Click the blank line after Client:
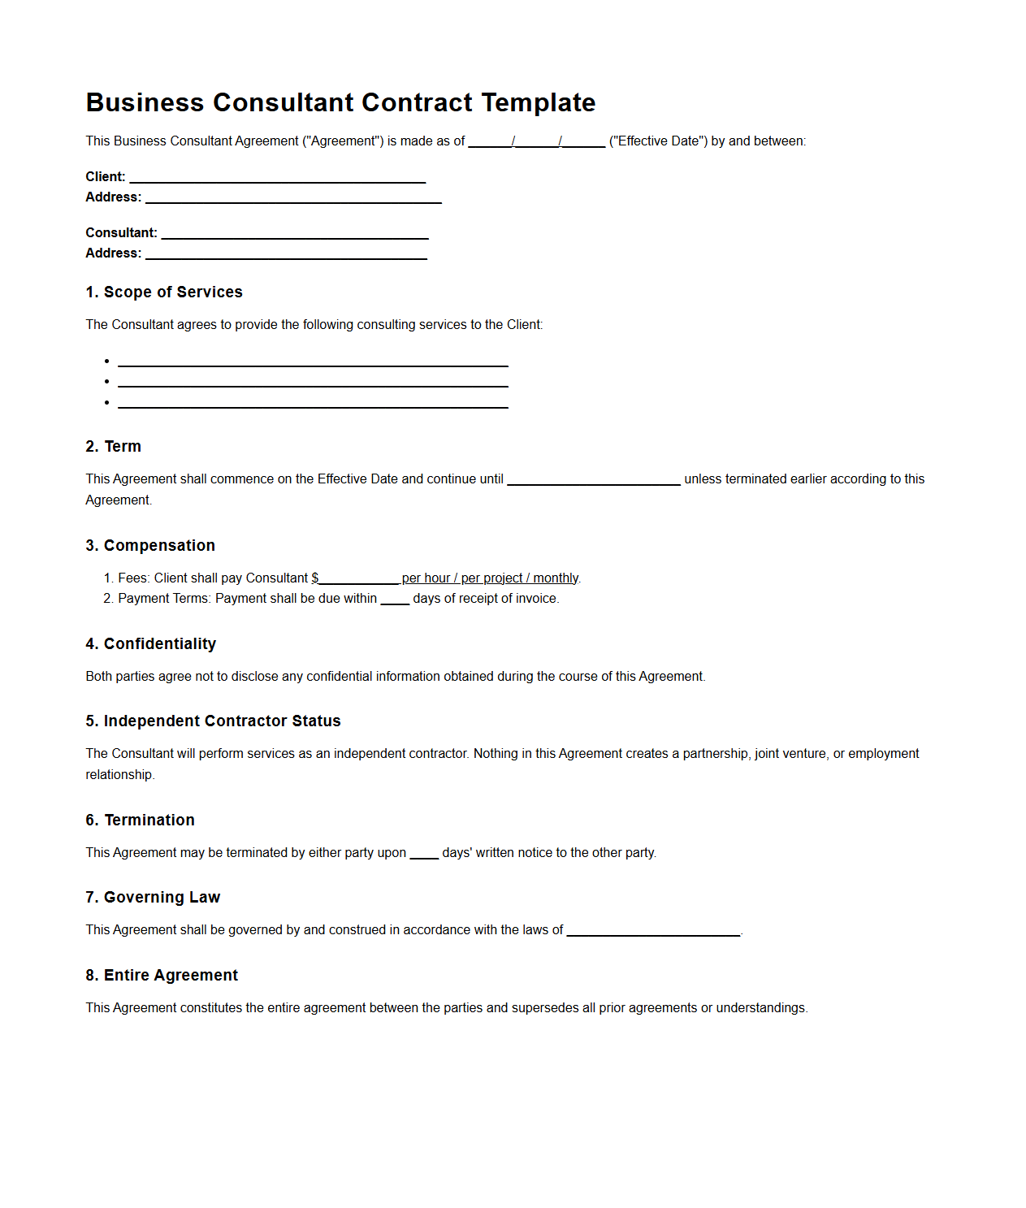tap(278, 178)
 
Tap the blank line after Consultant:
tap(295, 234)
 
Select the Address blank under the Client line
tap(293, 198)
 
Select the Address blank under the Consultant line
tap(286, 254)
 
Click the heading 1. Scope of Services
tap(164, 292)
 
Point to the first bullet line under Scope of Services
tap(313, 362)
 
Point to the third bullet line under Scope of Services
tap(313, 404)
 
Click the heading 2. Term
tap(114, 447)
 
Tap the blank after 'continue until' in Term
tap(594, 480)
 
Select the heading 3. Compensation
tap(150, 546)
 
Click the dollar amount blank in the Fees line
tap(359, 579)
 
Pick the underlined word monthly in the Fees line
tap(556, 578)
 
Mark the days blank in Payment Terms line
tap(395, 600)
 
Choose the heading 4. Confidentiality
tap(151, 644)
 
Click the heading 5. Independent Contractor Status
tap(213, 721)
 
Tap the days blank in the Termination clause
tap(424, 854)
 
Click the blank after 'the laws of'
tap(653, 931)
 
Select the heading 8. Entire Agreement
tap(162, 976)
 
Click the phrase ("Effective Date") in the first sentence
tap(658, 141)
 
